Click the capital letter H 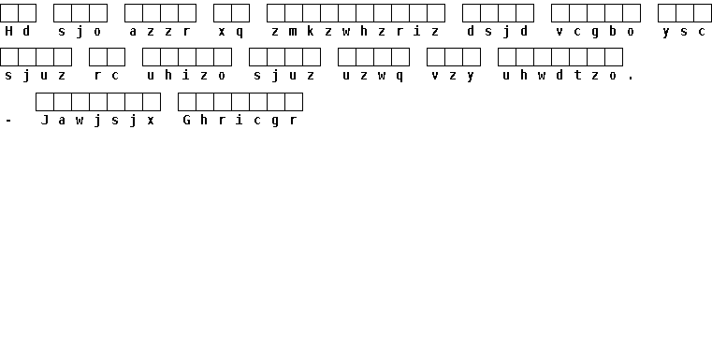click(x=8, y=31)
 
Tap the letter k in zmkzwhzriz click(x=311, y=31)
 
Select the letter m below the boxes click(x=293, y=32)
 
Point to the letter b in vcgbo click(x=613, y=31)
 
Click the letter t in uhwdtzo click(x=577, y=75)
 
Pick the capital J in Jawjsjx click(x=45, y=120)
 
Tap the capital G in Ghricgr click(x=186, y=120)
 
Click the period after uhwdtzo click(x=631, y=79)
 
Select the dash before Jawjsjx click(x=8, y=121)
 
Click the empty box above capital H click(x=9, y=13)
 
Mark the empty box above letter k click(x=312, y=13)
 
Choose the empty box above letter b click(x=614, y=13)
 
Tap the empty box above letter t click(x=578, y=57)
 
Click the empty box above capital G click(x=187, y=102)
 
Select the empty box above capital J click(x=45, y=102)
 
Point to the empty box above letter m click(x=294, y=13)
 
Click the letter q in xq click(x=240, y=33)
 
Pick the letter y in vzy click(x=471, y=77)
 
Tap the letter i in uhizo click(x=186, y=75)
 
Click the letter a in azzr click(x=133, y=32)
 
